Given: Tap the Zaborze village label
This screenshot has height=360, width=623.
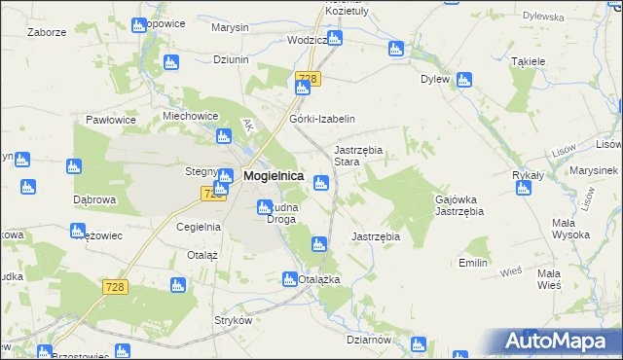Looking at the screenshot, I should (x=47, y=32).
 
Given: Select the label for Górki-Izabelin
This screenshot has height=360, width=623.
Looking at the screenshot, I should (x=321, y=119).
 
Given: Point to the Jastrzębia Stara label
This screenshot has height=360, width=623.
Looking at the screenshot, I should (x=359, y=156).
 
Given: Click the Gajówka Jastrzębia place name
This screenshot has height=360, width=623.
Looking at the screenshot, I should (x=458, y=204).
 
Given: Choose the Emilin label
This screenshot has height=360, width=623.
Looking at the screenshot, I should (x=472, y=263).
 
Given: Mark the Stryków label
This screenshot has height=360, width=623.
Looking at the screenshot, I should (x=233, y=320).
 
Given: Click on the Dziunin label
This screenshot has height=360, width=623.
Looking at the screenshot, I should (x=231, y=59).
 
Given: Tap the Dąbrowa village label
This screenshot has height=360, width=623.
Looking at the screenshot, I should (x=94, y=198).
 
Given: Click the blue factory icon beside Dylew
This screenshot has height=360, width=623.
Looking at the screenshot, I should (x=464, y=80).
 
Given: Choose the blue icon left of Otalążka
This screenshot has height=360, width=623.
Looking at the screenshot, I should (x=289, y=279).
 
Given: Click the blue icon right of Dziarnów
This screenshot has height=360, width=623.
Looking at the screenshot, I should (x=418, y=342).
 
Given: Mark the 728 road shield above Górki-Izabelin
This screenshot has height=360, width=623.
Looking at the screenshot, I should (x=308, y=78).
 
